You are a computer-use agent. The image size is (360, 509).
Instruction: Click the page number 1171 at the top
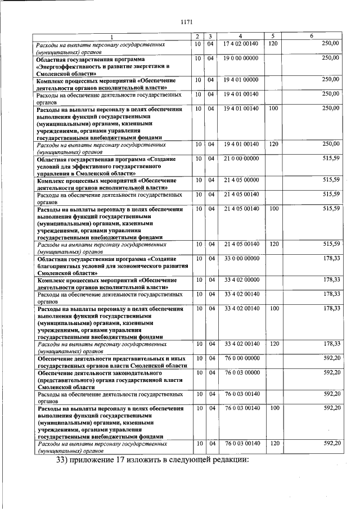(187, 22)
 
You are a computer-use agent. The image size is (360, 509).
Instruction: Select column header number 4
(240, 37)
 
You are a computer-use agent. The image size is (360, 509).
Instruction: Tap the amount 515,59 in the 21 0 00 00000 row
(331, 159)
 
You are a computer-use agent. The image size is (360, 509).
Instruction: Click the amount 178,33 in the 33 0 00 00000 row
(331, 258)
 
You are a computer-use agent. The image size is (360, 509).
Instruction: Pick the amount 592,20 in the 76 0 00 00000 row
(331, 358)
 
